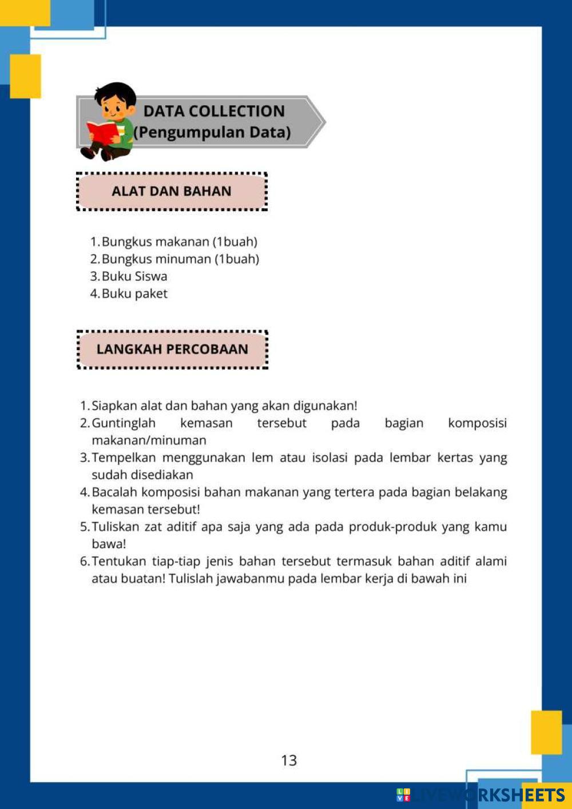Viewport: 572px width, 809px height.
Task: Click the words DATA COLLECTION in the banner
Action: tap(214, 111)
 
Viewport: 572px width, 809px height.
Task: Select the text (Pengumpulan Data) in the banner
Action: tap(212, 132)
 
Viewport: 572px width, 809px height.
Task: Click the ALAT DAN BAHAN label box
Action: tap(172, 191)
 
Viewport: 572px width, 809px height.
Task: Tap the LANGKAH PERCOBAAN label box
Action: tap(172, 349)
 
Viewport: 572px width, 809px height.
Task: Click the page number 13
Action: tap(289, 760)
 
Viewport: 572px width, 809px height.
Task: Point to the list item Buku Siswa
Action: tap(134, 276)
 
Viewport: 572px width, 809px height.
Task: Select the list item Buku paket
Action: tap(134, 294)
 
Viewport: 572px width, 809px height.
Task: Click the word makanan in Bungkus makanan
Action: tap(182, 242)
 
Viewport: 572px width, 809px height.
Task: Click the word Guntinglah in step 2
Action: tap(124, 423)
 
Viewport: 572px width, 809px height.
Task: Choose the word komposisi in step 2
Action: tap(477, 423)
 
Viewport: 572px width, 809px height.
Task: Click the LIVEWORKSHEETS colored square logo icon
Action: tap(403, 795)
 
